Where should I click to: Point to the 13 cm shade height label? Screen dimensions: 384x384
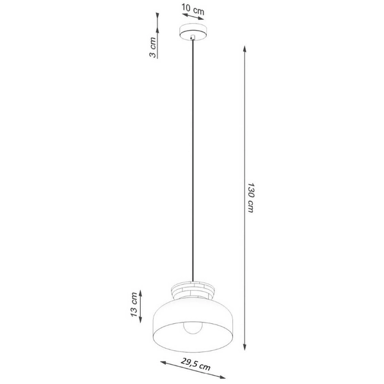click(x=134, y=305)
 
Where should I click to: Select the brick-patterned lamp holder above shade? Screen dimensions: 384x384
click(x=192, y=289)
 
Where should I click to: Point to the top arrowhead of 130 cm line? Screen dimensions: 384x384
click(x=246, y=47)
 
